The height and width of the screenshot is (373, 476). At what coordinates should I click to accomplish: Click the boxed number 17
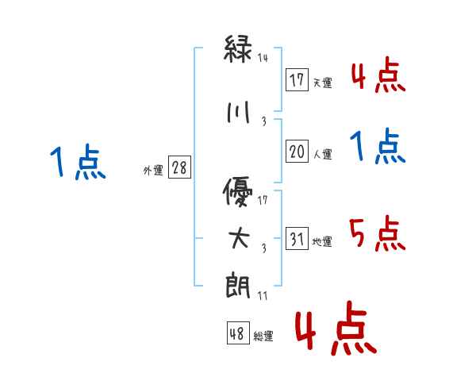pyautogui.click(x=297, y=79)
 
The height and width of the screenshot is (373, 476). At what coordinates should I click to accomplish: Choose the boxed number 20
pyautogui.click(x=297, y=152)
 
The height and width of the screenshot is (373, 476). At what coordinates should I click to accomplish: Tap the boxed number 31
pyautogui.click(x=297, y=240)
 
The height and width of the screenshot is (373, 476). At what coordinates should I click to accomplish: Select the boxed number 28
pyautogui.click(x=179, y=167)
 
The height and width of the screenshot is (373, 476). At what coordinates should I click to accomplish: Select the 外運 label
pyautogui.click(x=152, y=170)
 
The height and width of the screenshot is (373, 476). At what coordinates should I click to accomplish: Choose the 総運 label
pyautogui.click(x=263, y=336)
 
